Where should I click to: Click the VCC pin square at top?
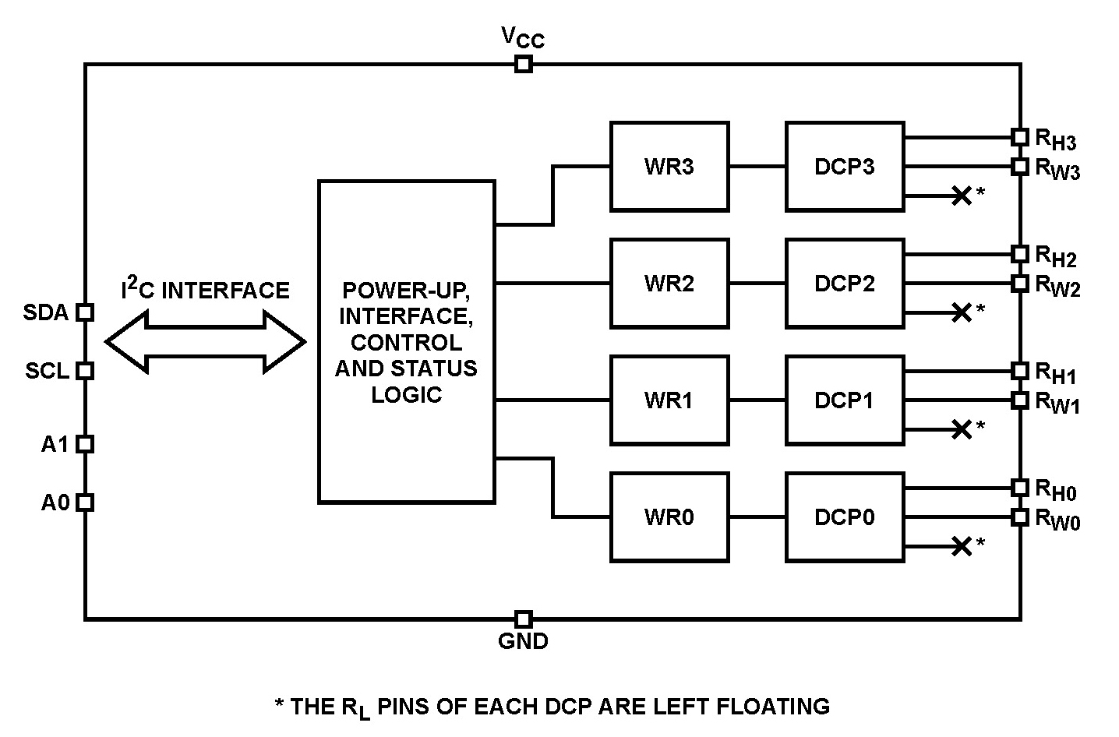click(x=524, y=64)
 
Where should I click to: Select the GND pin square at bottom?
click(x=524, y=619)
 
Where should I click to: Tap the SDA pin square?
click(x=85, y=312)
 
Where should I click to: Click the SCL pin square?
click(x=85, y=370)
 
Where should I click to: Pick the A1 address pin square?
click(x=85, y=444)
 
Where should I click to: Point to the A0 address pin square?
click(x=85, y=503)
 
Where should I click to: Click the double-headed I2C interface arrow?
click(x=205, y=341)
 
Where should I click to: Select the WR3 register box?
click(x=669, y=166)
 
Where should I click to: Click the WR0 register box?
click(x=669, y=517)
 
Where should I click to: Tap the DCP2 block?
click(x=844, y=283)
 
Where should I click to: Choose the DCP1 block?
click(x=844, y=400)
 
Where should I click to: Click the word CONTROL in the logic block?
click(x=406, y=342)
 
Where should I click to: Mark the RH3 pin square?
click(x=1020, y=137)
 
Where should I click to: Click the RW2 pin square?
click(x=1020, y=283)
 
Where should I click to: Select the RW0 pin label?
click(x=1057, y=520)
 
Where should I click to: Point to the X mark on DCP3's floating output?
click(x=962, y=196)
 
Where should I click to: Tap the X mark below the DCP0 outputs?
click(x=962, y=546)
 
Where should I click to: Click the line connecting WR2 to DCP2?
click(x=757, y=283)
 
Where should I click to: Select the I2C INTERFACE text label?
click(x=205, y=291)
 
